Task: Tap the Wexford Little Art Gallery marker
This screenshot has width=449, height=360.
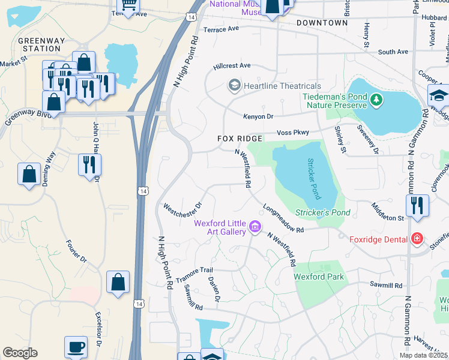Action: click(x=255, y=227)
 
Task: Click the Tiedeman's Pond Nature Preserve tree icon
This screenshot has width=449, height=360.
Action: click(x=376, y=99)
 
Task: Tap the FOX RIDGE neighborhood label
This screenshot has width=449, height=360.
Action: click(x=240, y=139)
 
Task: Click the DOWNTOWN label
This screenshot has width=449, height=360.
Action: click(x=322, y=23)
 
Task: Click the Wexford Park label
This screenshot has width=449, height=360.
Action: click(x=319, y=277)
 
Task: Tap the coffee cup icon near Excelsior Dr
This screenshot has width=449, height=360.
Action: click(x=76, y=347)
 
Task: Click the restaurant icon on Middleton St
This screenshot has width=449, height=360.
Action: click(x=417, y=205)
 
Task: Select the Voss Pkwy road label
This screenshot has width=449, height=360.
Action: click(x=292, y=132)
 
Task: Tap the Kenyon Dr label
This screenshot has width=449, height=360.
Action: click(x=258, y=116)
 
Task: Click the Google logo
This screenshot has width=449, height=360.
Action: click(x=20, y=353)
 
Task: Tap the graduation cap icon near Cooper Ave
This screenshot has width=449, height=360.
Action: click(x=438, y=95)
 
